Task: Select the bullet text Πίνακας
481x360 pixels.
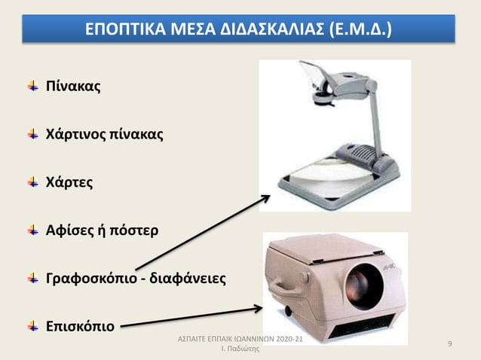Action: click(73, 88)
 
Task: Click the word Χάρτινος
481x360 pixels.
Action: click(76, 135)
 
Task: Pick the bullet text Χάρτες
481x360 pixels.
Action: click(71, 182)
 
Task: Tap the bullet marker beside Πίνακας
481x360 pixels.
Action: click(33, 87)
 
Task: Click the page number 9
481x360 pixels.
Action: click(449, 344)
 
